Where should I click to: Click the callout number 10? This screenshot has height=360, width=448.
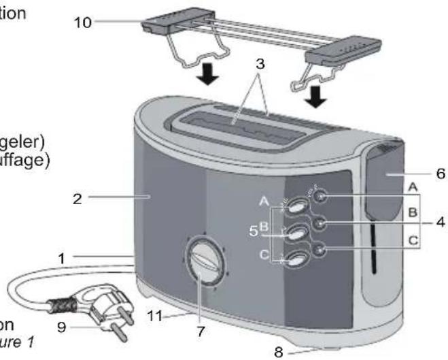click(x=82, y=22)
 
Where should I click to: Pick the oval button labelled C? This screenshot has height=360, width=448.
click(x=297, y=258)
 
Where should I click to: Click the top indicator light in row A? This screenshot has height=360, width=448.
click(x=322, y=197)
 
